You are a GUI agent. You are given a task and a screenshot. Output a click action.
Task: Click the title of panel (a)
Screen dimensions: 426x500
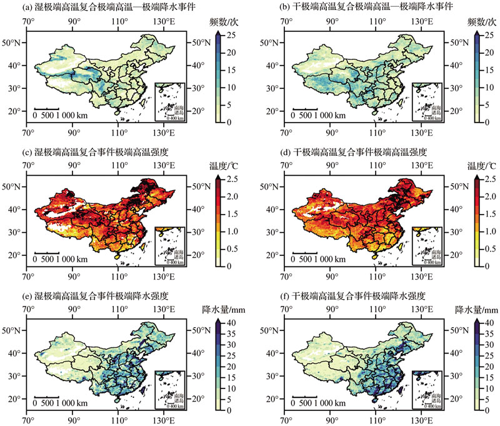point(100,8)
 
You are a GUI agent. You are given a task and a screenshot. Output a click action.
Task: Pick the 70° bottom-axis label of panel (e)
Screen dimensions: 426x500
point(28,421)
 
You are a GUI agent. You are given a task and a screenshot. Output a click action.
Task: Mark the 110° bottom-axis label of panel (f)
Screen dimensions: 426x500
point(377,421)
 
